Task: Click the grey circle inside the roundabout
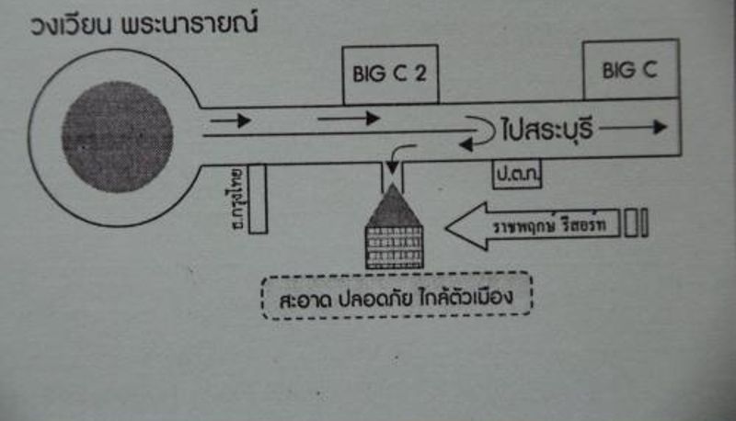pyautogui.click(x=117, y=135)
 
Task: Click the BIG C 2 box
pyautogui.click(x=389, y=74)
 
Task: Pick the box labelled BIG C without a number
pyautogui.click(x=631, y=69)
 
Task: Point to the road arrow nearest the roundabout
pyautogui.click(x=230, y=119)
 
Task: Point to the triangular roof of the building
pyautogui.click(x=393, y=202)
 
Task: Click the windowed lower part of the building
pyautogui.click(x=393, y=245)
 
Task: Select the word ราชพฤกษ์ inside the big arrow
pyautogui.click(x=523, y=225)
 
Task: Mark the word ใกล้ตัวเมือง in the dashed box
pyautogui.click(x=473, y=300)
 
